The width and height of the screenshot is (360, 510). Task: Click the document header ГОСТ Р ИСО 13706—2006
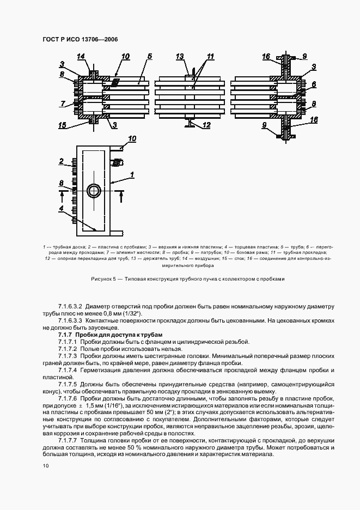(x=80, y=39)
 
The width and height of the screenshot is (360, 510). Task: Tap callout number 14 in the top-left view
(x=81, y=57)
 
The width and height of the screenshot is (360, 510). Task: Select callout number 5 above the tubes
(x=149, y=56)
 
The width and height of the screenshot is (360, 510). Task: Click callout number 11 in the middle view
(x=211, y=57)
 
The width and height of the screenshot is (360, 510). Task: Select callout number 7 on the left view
(x=63, y=104)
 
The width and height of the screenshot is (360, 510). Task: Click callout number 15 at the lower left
(x=63, y=125)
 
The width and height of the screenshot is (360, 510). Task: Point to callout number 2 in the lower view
(x=63, y=162)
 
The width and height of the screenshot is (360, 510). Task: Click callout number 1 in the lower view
(x=131, y=174)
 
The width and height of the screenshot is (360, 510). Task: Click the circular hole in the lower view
(x=94, y=191)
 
